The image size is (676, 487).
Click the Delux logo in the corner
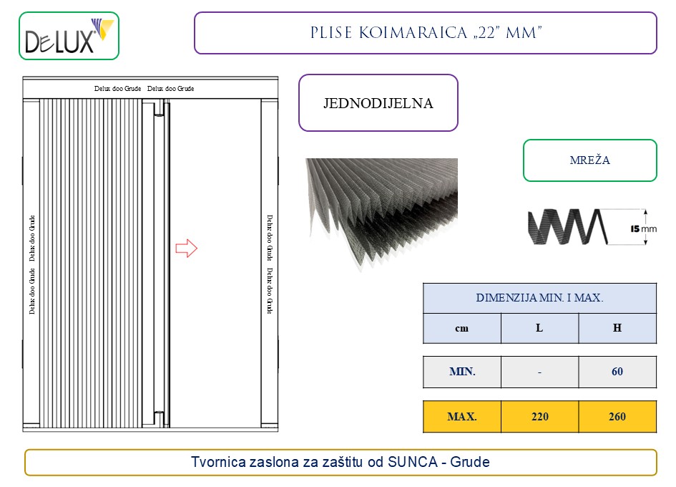coord(69,36)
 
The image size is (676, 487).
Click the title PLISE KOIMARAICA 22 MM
coord(426,33)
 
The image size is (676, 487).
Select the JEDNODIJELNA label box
coord(378,102)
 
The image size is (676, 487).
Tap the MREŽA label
coord(589,160)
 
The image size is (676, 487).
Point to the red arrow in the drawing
coord(186,249)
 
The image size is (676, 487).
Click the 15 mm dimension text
coord(643,229)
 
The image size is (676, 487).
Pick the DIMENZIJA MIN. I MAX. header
coord(539,298)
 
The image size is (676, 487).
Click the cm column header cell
coord(461,328)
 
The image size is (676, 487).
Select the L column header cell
coord(539,328)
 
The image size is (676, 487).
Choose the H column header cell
coord(617,328)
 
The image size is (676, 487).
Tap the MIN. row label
coord(462,372)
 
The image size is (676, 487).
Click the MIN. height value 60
coord(617,372)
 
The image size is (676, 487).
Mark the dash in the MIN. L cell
coord(539,372)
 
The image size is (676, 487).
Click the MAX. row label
coord(461,417)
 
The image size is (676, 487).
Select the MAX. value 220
coord(540,417)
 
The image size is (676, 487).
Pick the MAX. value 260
coord(617,417)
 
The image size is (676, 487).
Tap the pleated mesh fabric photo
coord(382,213)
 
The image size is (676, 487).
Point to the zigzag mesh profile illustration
coord(568,226)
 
